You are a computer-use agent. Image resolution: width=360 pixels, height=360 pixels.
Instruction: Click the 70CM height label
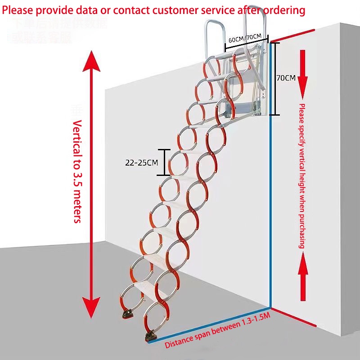pos(286,78)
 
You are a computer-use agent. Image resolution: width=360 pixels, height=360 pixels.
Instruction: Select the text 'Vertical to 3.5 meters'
pos(77,171)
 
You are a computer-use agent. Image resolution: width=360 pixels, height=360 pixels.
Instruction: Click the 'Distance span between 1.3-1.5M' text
pos(217,331)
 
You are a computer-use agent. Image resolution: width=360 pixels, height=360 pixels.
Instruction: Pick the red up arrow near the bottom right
pos(302,274)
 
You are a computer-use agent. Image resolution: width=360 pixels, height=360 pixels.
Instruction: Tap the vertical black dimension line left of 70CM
pos(275,79)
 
